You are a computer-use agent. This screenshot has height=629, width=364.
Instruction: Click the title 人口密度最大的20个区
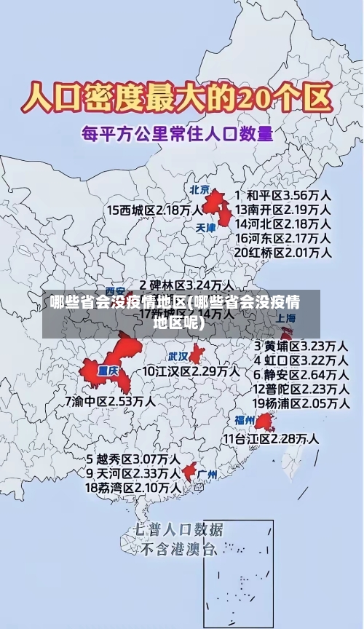178,96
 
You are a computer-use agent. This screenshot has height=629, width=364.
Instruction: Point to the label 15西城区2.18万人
154,210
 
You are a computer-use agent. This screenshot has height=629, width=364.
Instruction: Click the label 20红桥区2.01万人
283,253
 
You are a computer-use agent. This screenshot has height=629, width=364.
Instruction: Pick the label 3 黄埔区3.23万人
300,345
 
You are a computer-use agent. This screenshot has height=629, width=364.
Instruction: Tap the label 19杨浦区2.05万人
300,403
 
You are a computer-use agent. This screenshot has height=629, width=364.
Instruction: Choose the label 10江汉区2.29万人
190,371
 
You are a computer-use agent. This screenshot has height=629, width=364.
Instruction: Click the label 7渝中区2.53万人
109,400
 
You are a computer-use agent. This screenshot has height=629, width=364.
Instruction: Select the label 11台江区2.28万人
270,439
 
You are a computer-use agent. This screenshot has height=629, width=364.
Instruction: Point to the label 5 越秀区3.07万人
133,459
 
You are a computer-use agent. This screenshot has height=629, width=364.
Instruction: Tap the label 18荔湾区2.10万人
133,487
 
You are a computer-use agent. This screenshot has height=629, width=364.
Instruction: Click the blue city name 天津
206,227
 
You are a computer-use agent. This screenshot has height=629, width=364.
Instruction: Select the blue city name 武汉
178,357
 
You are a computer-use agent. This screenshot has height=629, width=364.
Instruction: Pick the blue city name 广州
207,474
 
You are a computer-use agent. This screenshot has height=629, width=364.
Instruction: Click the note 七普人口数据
178,529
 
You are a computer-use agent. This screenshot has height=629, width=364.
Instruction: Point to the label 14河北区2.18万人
283,223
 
